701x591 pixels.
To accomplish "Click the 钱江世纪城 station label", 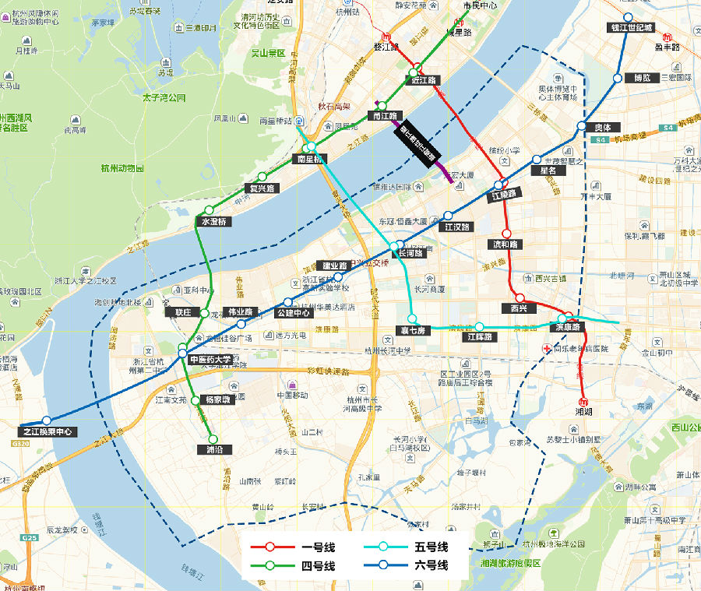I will (x=632, y=28).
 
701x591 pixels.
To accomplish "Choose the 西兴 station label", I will (x=519, y=308).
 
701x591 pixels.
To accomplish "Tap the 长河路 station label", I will (x=411, y=253).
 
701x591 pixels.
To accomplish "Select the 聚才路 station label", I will (x=413, y=330).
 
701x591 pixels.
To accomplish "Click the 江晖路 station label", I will (x=480, y=337).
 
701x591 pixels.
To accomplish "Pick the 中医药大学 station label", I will (x=211, y=360).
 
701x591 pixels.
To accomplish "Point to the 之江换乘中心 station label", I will (x=48, y=431).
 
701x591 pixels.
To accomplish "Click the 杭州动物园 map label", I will (x=122, y=168).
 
